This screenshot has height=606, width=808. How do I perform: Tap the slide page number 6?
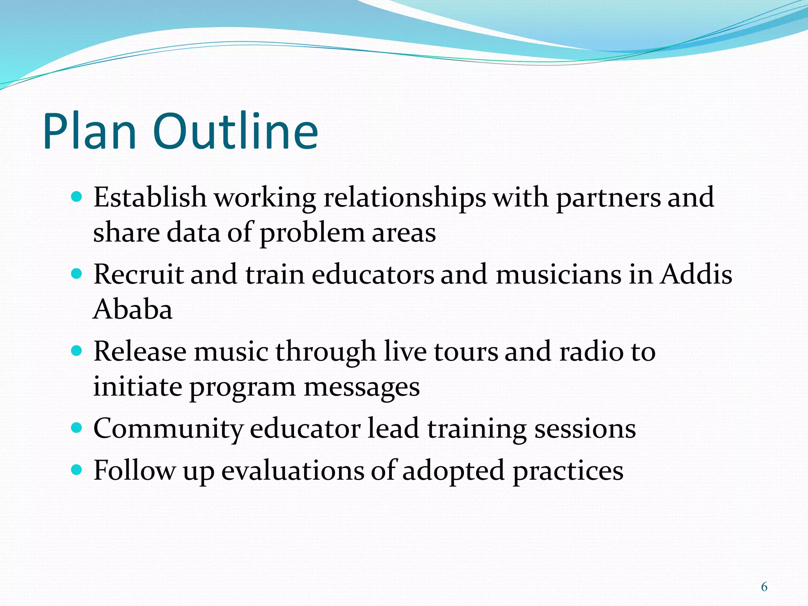[764, 587]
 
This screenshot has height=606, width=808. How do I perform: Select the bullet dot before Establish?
[77, 196]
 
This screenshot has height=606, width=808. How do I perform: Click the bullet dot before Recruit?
[77, 274]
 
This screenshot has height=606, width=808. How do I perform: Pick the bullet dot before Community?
[77, 428]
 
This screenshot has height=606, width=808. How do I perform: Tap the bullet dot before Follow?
[77, 469]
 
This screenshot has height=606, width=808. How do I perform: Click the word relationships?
[405, 197]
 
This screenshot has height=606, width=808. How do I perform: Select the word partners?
[608, 197]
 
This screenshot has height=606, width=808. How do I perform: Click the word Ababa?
[133, 309]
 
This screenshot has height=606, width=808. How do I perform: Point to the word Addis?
[696, 274]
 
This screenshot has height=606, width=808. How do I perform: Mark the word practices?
[568, 471]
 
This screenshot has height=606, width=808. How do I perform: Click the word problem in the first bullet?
[312, 233]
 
